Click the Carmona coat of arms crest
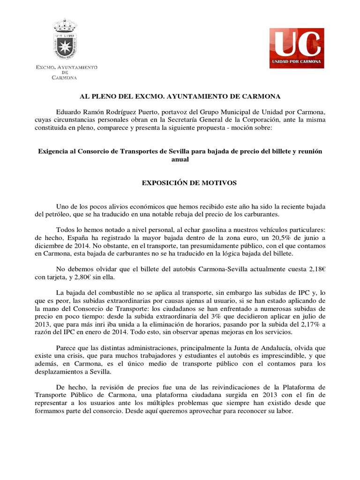66,40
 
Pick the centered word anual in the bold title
180,159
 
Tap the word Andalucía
268,349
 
